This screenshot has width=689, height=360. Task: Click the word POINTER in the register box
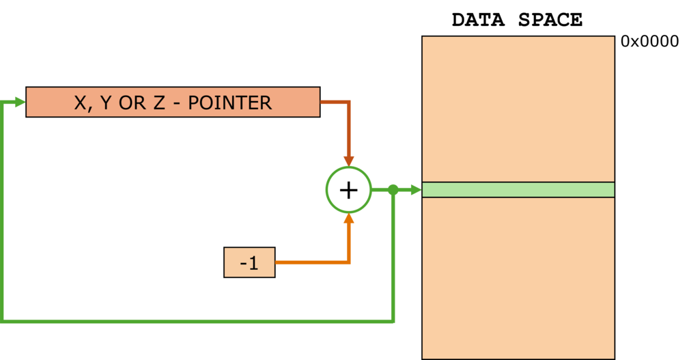pyautogui.click(x=229, y=103)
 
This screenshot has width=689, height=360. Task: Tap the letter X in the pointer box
pyautogui.click(x=80, y=103)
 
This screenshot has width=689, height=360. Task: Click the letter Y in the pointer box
pyautogui.click(x=104, y=103)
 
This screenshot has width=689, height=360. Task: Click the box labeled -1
pyautogui.click(x=249, y=263)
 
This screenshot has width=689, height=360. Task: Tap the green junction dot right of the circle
pyautogui.click(x=393, y=190)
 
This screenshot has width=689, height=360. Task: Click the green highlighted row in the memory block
pyautogui.click(x=518, y=190)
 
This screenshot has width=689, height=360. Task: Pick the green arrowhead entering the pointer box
pyautogui.click(x=19, y=102)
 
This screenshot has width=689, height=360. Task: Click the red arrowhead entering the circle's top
pyautogui.click(x=348, y=161)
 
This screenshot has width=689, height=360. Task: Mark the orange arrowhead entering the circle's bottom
pyautogui.click(x=348, y=219)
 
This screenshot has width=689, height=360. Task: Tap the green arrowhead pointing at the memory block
pyautogui.click(x=414, y=190)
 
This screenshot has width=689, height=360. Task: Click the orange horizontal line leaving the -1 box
pyautogui.click(x=311, y=262)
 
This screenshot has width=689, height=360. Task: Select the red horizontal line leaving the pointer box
pyautogui.click(x=335, y=102)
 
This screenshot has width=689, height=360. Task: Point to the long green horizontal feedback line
pyautogui.click(x=198, y=320)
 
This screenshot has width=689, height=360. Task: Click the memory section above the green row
pyautogui.click(x=518, y=109)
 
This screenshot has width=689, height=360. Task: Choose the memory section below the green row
pyautogui.click(x=518, y=277)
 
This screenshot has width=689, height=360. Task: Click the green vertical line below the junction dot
pyautogui.click(x=393, y=260)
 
